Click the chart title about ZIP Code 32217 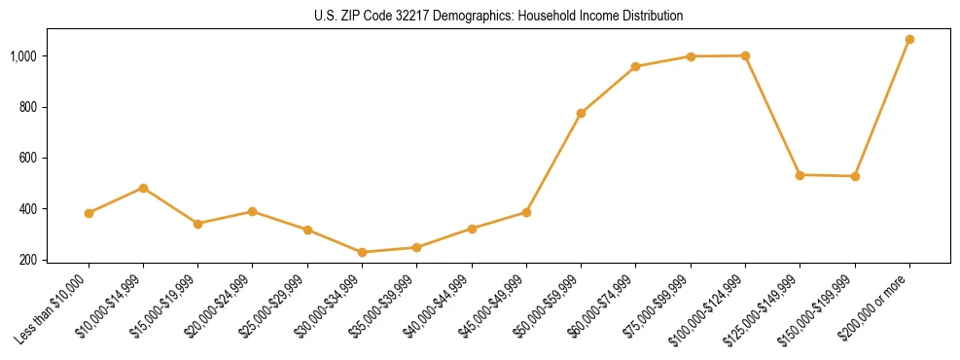[x=499, y=17]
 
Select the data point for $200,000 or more [x=909, y=40]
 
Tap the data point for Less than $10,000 [x=89, y=213]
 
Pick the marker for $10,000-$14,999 [x=143, y=188]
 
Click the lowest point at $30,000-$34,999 [x=362, y=252]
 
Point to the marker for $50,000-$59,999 [x=581, y=113]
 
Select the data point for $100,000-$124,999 [x=745, y=55]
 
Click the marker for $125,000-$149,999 [x=800, y=175]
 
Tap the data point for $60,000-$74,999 [x=635, y=66]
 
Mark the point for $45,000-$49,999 [x=526, y=212]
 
